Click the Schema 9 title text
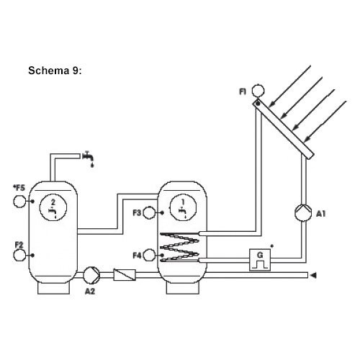pos(55,71)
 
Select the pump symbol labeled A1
pos(303,212)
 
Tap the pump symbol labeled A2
pos(91,275)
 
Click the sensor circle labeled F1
pos(258,91)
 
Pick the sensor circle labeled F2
pos(19,256)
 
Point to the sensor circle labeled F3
pos(149,213)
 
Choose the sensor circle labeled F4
pos(149,255)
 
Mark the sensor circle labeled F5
pos(19,202)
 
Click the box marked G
pos(260,260)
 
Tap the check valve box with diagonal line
pos(125,275)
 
